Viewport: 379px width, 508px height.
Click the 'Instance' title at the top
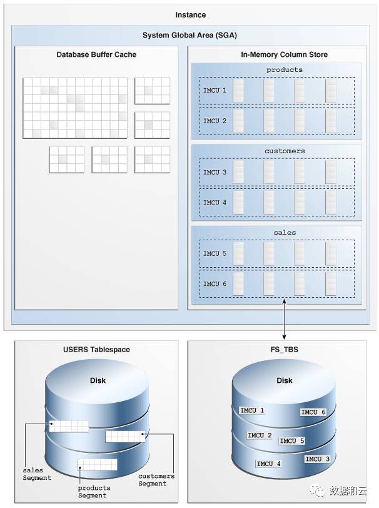coord(190,14)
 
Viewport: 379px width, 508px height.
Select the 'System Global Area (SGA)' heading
coord(189,35)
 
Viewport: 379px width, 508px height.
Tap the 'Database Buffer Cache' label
coord(96,55)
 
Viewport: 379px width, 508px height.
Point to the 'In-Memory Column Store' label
coord(275,55)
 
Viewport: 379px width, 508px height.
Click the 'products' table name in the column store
coord(276,70)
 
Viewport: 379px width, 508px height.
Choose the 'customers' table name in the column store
coord(276,151)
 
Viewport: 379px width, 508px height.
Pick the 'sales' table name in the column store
coord(276,233)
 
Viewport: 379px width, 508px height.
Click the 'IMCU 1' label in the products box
coord(215,91)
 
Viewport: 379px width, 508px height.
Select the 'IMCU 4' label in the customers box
coord(215,203)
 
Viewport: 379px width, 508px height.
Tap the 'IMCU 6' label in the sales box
coord(215,284)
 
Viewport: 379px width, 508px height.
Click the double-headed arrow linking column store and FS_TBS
coord(285,320)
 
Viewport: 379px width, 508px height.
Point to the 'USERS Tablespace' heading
coord(96,350)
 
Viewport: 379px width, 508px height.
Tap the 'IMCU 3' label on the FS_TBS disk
coord(317,459)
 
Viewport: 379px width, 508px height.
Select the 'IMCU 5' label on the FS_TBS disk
coord(291,441)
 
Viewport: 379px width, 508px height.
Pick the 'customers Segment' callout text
coord(156,480)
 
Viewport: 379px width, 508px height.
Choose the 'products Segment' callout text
coord(94,492)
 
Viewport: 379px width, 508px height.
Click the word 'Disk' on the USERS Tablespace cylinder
coord(98,380)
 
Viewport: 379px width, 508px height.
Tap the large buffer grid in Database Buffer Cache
coord(75,108)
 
